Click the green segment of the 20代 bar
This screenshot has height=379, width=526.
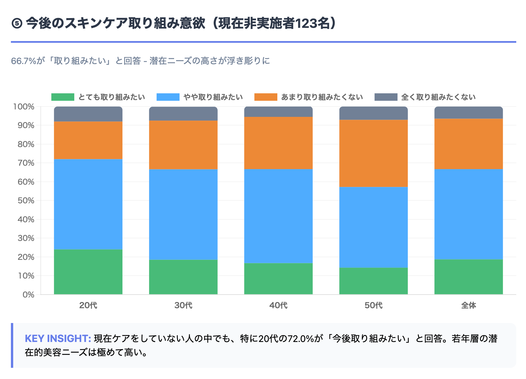pyautogui.click(x=88, y=272)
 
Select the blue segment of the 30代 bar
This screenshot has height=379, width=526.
pyautogui.click(x=183, y=214)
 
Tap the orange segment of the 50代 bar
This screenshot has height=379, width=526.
pyautogui.click(x=373, y=153)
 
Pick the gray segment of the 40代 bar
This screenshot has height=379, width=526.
pyautogui.click(x=278, y=112)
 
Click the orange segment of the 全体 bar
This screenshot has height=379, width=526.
pyautogui.click(x=468, y=144)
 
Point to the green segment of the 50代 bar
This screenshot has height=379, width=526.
pyautogui.click(x=373, y=281)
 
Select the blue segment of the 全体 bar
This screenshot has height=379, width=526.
pyautogui.click(x=468, y=214)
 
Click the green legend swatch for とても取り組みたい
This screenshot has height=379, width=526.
pyautogui.click(x=63, y=97)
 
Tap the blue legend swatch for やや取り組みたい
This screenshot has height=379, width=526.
pyautogui.click(x=168, y=97)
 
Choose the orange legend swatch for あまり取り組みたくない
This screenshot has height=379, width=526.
pyautogui.click(x=266, y=97)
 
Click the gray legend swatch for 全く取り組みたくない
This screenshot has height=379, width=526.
pyautogui.click(x=386, y=97)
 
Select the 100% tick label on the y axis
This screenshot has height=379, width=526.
pyautogui.click(x=24, y=107)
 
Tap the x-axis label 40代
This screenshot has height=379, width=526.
pyautogui.click(x=278, y=305)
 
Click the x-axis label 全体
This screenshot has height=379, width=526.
pyautogui.click(x=468, y=305)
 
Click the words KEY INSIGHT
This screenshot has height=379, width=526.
pyautogui.click(x=58, y=339)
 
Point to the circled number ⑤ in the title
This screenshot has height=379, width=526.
pyautogui.click(x=17, y=24)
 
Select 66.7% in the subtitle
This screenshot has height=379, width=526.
pyautogui.click(x=24, y=61)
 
